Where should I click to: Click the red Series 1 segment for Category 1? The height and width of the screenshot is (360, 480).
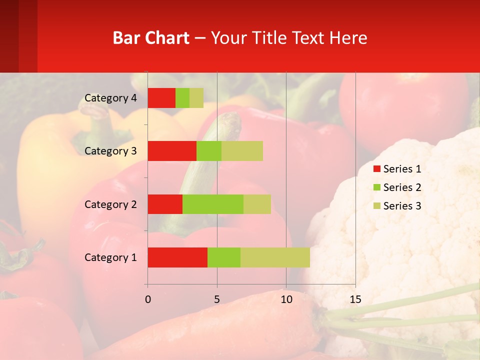[177, 257]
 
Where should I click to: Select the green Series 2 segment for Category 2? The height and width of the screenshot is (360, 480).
[213, 204]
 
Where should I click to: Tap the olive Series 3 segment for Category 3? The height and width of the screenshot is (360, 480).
[242, 151]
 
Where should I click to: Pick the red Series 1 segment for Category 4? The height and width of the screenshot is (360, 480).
[161, 98]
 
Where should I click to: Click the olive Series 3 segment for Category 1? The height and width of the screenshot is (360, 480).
[275, 257]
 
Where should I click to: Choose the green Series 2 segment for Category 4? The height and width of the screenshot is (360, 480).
[182, 98]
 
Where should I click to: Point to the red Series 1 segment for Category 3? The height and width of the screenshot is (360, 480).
[172, 151]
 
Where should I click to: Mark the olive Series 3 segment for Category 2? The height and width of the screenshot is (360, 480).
[257, 204]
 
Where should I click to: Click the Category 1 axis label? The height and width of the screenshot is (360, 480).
[110, 257]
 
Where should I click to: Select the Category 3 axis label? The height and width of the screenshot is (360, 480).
[110, 151]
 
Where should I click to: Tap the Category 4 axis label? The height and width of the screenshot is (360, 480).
[110, 98]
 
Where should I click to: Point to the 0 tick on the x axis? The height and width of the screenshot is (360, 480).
[147, 299]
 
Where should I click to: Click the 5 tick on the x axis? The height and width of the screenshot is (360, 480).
[217, 299]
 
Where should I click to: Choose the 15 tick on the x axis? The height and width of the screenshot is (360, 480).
[355, 299]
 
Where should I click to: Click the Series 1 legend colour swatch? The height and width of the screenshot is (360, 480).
[376, 169]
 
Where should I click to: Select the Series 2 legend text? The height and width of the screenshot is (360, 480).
[402, 187]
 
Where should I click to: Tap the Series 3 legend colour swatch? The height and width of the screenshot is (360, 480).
[376, 206]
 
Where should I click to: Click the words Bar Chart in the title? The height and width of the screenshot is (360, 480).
[151, 38]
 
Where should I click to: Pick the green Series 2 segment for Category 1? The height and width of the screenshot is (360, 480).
[224, 257]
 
